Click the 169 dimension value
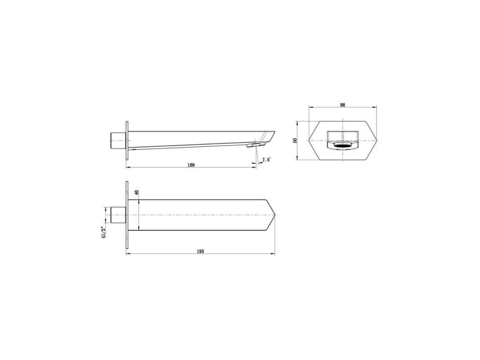point(191,165)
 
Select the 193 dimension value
point(200,252)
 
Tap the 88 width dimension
point(342,105)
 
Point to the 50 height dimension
point(295,140)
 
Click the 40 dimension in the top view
point(136,193)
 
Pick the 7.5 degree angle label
point(266,159)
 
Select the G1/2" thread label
point(103,233)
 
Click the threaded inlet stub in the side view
point(118,140)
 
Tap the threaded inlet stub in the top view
point(118,215)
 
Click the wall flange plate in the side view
point(127,140)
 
